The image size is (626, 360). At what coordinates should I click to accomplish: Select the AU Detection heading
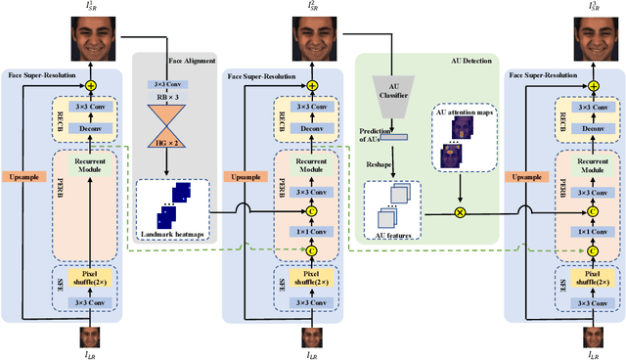click(x=426, y=60)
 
